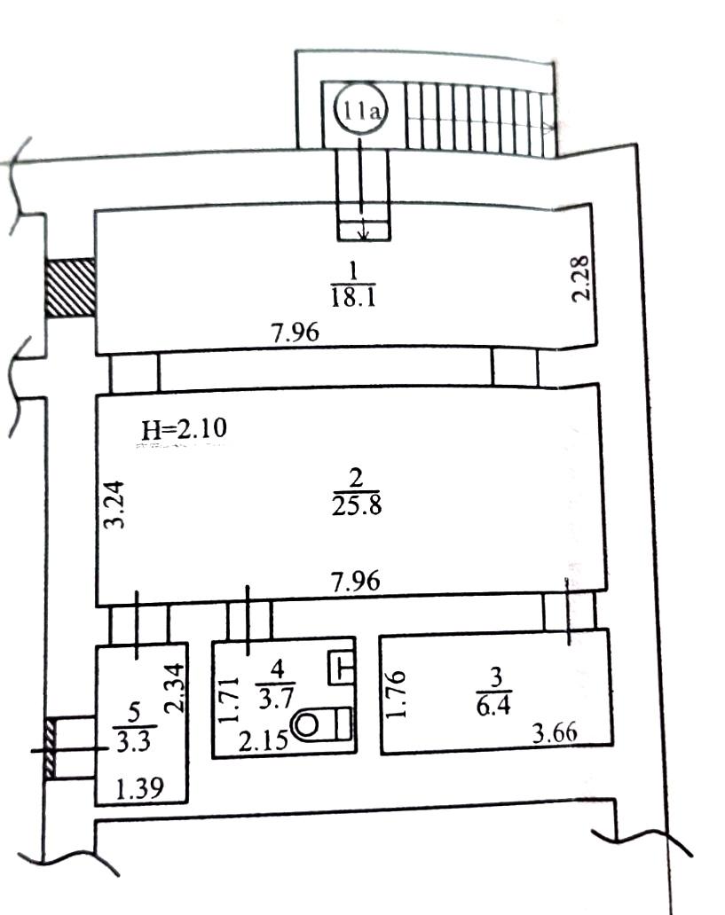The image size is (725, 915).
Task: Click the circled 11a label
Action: click(x=360, y=110)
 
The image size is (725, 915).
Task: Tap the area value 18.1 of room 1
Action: click(x=353, y=297)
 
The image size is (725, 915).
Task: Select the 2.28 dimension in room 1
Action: click(x=580, y=278)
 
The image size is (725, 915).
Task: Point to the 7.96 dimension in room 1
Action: click(x=296, y=332)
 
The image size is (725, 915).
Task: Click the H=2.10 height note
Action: click(x=184, y=429)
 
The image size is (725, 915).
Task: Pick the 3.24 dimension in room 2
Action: click(x=114, y=504)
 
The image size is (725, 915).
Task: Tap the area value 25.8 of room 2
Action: click(x=357, y=504)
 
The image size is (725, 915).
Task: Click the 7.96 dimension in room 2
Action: click(x=356, y=582)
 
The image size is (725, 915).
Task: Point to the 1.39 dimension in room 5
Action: click(x=139, y=789)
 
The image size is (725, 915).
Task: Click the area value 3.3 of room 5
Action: click(x=134, y=741)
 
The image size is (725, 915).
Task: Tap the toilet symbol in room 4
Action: click(x=321, y=724)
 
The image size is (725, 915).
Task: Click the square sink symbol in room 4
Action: click(x=342, y=667)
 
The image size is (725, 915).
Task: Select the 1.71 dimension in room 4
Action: click(x=228, y=700)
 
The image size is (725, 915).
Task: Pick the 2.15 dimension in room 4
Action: click(x=264, y=741)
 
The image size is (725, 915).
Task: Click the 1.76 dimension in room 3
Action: click(x=396, y=694)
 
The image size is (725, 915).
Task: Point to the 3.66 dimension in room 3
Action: click(x=555, y=732)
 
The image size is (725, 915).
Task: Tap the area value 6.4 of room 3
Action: click(x=493, y=706)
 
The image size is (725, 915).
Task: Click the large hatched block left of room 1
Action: click(x=70, y=288)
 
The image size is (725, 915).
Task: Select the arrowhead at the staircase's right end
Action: click(x=549, y=128)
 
